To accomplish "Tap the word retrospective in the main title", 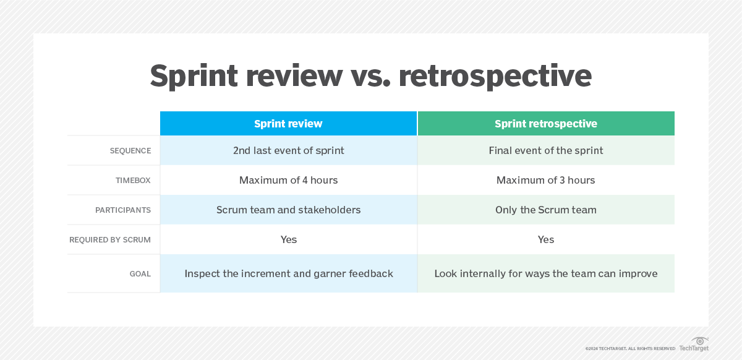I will point(495,76).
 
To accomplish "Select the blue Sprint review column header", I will point(288,124).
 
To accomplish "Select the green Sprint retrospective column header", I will point(545,124).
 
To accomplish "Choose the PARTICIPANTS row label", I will point(123,210).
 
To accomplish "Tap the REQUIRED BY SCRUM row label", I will point(110,240).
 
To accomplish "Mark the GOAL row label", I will point(140,273).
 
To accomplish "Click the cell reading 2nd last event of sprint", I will point(288,150).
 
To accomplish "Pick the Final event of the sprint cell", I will point(545,150).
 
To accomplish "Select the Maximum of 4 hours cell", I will point(288,180).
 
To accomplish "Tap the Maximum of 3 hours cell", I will point(545,180).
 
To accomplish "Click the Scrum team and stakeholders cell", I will point(288,210).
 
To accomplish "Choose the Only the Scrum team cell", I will point(545,210).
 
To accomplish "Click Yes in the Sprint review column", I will point(288,239).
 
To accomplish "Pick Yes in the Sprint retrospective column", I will point(545,239).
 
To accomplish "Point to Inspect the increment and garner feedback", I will point(288,273).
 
